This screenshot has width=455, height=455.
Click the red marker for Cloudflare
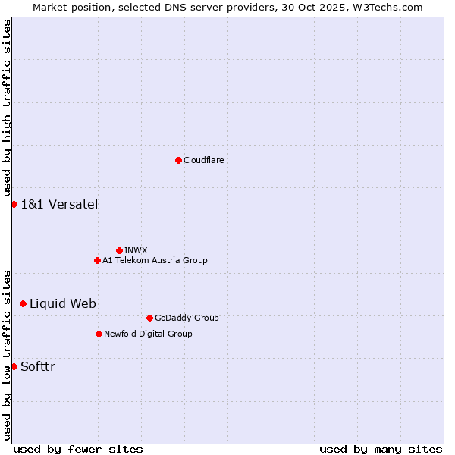[x=178, y=160]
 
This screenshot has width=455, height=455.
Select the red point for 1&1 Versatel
[x=14, y=204]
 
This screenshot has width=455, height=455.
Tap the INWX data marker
[x=119, y=250]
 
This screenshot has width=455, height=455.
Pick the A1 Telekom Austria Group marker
[x=97, y=260]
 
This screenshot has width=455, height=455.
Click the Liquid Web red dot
[x=23, y=303]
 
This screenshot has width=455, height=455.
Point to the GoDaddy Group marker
[x=149, y=318]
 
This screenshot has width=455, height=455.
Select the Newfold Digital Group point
[x=99, y=334]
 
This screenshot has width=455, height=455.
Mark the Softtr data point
[x=14, y=366]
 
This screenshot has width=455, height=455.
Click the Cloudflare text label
[x=203, y=160]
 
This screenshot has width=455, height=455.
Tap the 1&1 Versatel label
[x=59, y=204]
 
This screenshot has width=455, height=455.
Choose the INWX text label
[x=136, y=250]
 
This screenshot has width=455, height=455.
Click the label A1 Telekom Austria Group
[x=155, y=260]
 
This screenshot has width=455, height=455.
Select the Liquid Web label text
[x=63, y=303]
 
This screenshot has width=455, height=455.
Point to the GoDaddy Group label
[x=187, y=318]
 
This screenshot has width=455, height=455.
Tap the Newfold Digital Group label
[x=148, y=334]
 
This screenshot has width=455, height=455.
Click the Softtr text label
[x=38, y=366]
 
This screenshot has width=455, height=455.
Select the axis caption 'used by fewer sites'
[x=78, y=449]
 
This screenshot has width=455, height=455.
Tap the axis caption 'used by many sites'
[x=381, y=449]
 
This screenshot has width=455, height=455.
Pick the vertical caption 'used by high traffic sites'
[x=7, y=108]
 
